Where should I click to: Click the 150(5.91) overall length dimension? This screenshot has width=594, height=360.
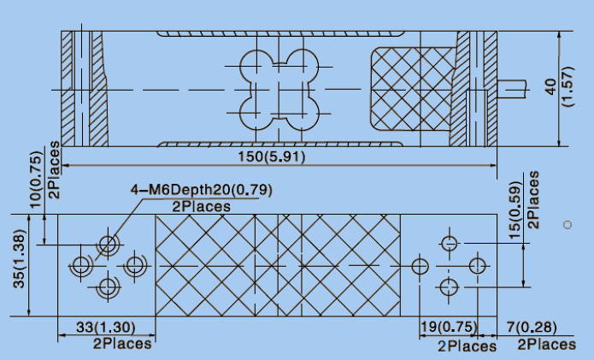point(271,156)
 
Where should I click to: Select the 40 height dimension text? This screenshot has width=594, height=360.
point(551,86)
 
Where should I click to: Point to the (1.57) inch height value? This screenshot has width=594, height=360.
point(568,86)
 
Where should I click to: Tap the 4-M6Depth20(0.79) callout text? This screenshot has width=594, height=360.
point(201,189)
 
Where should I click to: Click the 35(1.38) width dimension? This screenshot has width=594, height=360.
point(20,259)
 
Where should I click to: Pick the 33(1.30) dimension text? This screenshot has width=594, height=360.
point(106,327)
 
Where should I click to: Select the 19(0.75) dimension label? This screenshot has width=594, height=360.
point(449,327)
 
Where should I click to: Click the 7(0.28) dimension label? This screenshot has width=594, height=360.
point(532,327)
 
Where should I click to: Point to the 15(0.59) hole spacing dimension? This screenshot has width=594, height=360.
point(515,210)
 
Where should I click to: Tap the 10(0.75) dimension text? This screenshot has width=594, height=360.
point(36,180)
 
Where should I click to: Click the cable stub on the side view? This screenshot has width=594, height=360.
point(512,89)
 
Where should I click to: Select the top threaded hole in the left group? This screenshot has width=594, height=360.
point(108,244)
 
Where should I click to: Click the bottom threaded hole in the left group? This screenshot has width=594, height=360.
point(108,286)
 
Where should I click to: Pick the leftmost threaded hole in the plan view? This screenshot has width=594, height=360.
point(80,265)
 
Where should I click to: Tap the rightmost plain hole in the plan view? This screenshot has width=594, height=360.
point(477,266)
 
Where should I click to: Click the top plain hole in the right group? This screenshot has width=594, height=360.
point(450,244)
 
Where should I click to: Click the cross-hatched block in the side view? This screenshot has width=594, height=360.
point(413,89)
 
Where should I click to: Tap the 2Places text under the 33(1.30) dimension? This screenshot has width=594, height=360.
point(122,344)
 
